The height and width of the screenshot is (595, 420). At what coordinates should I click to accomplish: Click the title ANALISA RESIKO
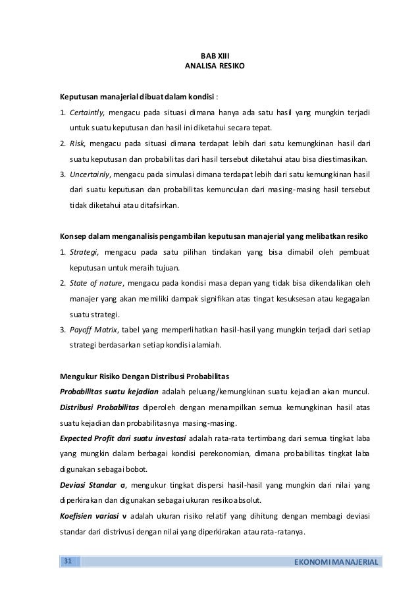click(x=211, y=67)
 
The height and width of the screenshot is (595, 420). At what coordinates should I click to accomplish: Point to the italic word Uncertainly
click(x=90, y=176)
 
